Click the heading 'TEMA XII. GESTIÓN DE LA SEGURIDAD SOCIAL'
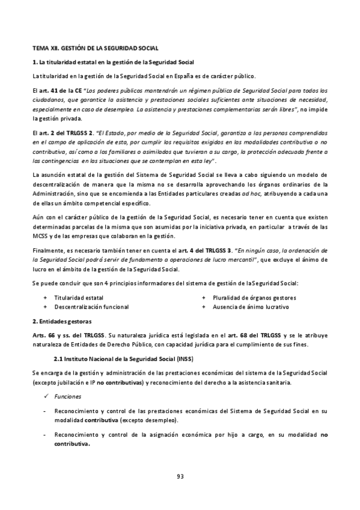tap(95, 47)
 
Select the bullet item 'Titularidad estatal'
tap(79, 298)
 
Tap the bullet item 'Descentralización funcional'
tap(91, 307)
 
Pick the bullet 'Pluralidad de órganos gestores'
tap(254, 298)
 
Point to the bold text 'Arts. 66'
tap(44, 334)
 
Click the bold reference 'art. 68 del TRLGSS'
tap(232, 334)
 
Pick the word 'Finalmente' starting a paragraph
tap(48, 250)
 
